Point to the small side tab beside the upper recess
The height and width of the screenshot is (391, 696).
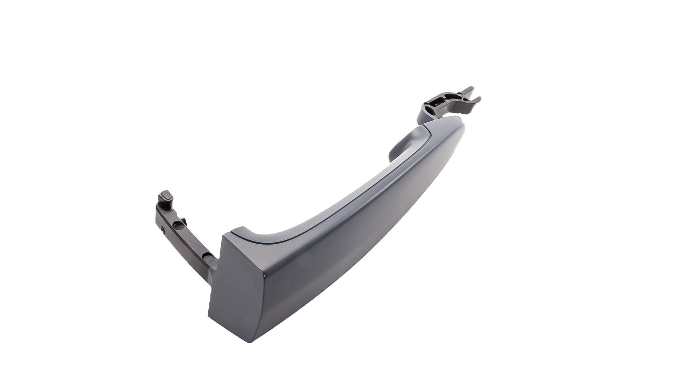click(x=184, y=221)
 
